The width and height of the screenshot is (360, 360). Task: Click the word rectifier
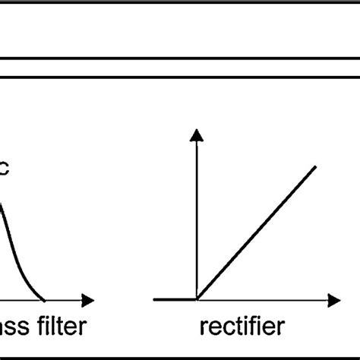pos(242,327)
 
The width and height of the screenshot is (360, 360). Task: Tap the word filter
pos(58,327)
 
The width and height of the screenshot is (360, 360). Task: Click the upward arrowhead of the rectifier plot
pos(197,135)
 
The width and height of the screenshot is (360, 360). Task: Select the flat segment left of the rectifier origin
pos(175,300)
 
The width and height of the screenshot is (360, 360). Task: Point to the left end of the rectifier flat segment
pos(154,300)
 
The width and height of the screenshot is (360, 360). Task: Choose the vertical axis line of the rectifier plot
pos(197,220)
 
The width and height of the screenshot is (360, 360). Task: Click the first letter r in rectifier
pos(203,329)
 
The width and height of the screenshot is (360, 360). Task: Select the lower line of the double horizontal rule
pos(180,75)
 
